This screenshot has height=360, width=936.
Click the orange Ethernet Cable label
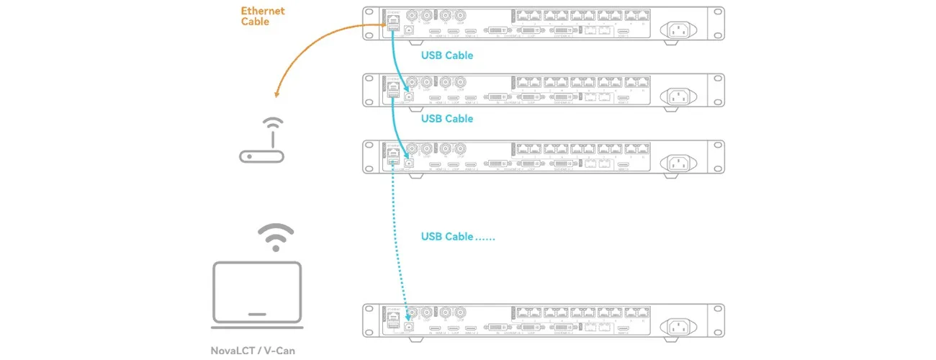coord(263,17)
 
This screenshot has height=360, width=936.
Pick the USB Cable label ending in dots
coord(457,236)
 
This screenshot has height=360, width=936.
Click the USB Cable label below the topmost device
coord(447,55)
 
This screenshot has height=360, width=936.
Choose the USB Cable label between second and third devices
coord(447,118)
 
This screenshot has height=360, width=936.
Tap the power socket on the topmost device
coord(679,29)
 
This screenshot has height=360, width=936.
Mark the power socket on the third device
coord(679,162)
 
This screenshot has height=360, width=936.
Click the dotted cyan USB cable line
coord(399,238)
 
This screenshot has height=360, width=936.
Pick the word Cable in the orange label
coord(255,22)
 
